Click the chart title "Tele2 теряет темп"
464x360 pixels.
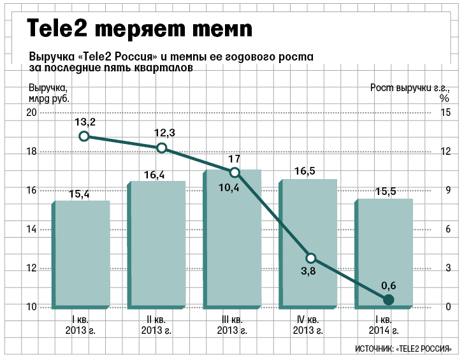click(139, 29)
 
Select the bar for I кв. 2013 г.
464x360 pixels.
click(81, 255)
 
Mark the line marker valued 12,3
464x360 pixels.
click(162, 148)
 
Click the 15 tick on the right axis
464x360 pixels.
click(446, 113)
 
